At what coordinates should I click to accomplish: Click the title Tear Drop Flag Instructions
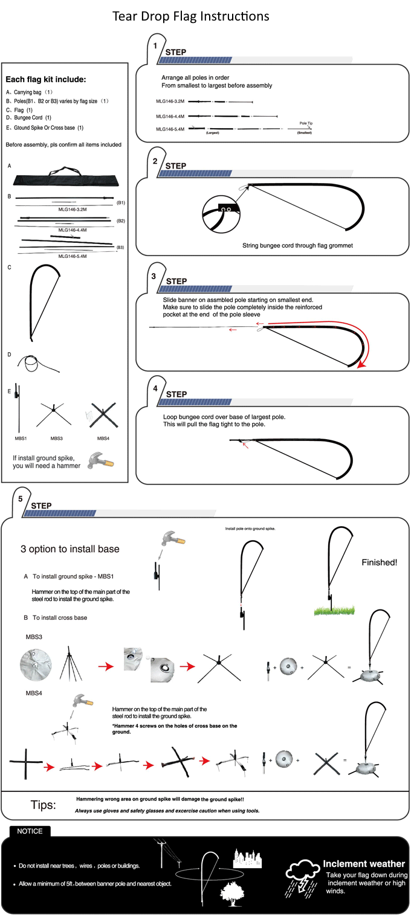191,16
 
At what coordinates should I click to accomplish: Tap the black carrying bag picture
66,179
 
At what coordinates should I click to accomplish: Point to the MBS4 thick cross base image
103,416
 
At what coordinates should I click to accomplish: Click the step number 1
155,46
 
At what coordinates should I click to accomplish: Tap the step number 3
154,275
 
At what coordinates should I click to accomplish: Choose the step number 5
21,499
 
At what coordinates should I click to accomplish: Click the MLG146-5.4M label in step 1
170,129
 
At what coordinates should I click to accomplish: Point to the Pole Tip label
306,123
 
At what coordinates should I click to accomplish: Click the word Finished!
379,562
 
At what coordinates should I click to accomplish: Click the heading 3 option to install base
70,549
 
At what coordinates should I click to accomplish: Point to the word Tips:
44,805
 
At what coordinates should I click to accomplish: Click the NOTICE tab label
30,831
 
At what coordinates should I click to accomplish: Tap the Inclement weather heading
364,864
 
